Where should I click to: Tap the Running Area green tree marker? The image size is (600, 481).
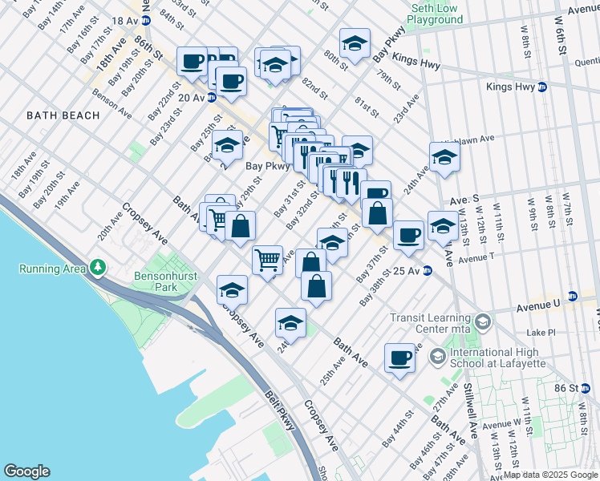(x=98, y=266)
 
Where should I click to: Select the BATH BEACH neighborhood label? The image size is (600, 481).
(x=63, y=115)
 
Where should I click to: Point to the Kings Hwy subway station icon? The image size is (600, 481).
(x=543, y=87)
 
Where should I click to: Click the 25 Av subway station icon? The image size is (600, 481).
(x=428, y=271)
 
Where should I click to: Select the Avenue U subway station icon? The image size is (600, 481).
(x=571, y=296)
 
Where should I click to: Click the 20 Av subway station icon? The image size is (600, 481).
(x=212, y=98)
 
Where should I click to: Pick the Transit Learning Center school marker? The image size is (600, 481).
(x=483, y=322)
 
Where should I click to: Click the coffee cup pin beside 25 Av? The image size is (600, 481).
(x=408, y=235)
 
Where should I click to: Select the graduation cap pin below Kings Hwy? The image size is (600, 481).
(x=443, y=157)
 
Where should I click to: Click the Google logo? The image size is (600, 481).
(x=26, y=471)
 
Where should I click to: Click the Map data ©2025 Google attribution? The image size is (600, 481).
(x=550, y=475)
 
